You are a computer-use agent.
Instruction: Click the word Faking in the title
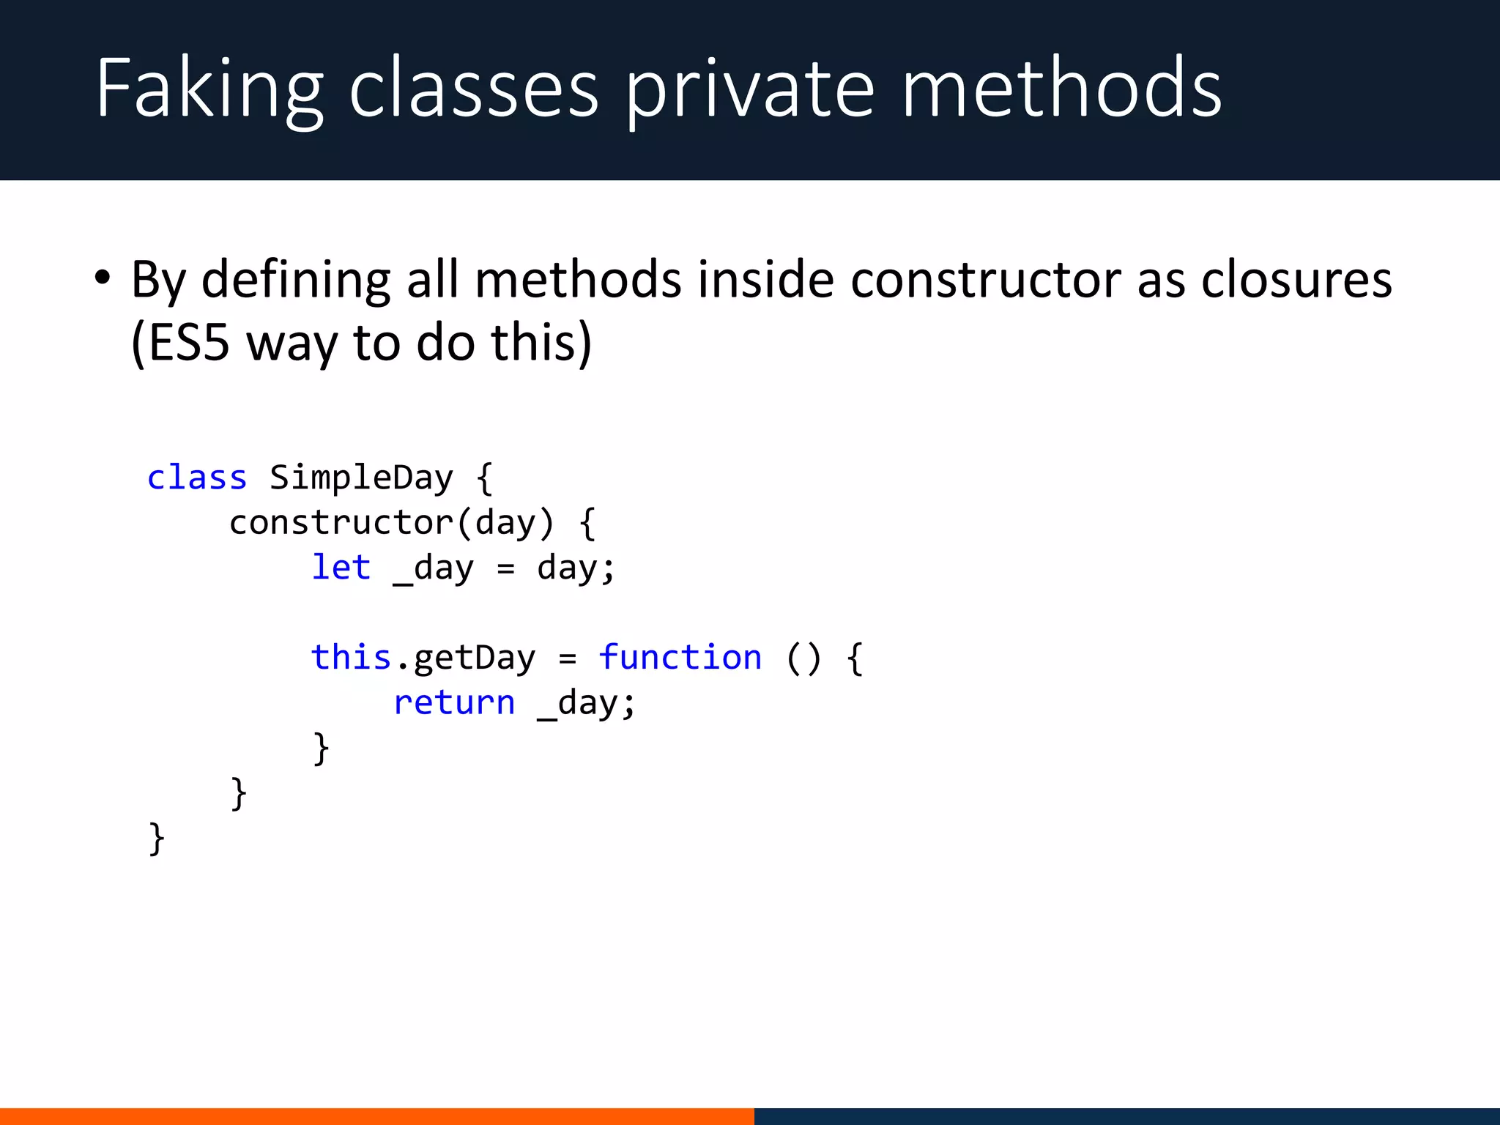[x=209, y=89]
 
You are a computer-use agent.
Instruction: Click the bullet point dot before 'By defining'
[x=103, y=279]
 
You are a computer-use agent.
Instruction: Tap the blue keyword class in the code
[x=196, y=478]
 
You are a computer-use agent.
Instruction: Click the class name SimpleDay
[x=361, y=478]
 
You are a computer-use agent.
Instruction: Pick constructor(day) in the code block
[x=392, y=523]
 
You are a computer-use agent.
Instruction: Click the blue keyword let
[x=341, y=568]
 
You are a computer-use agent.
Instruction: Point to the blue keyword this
[x=351, y=657]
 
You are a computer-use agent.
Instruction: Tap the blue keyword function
[x=680, y=657]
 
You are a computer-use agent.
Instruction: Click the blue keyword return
[x=454, y=702]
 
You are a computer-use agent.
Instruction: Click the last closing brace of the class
[x=156, y=839]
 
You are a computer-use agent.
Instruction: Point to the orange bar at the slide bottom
[x=376, y=1116]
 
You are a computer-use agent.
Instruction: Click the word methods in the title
[x=1061, y=89]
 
